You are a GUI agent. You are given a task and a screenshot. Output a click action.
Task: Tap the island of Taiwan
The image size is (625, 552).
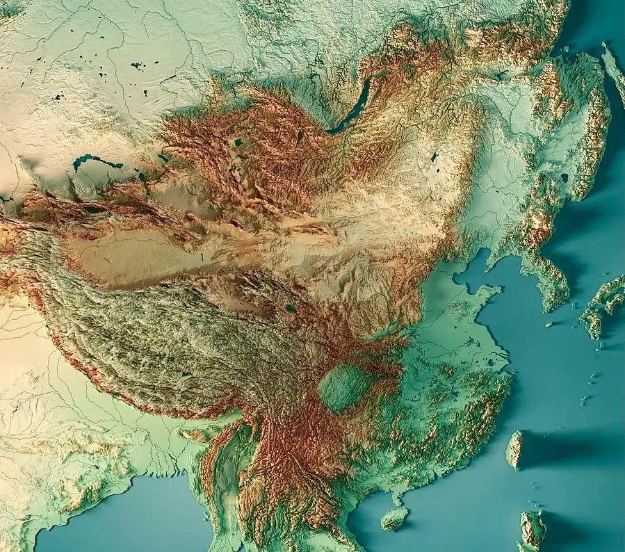point(514,449)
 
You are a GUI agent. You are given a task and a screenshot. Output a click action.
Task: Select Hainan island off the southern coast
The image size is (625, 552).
point(395,518)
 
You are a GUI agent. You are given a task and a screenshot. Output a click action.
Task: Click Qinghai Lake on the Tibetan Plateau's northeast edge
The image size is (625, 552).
point(290,308)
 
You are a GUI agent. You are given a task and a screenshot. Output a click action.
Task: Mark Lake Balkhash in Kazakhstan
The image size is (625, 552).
point(97,163)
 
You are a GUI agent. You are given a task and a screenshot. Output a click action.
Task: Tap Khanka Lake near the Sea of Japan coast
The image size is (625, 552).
point(564,178)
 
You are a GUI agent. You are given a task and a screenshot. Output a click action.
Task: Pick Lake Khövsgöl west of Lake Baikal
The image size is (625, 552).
point(299,136)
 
